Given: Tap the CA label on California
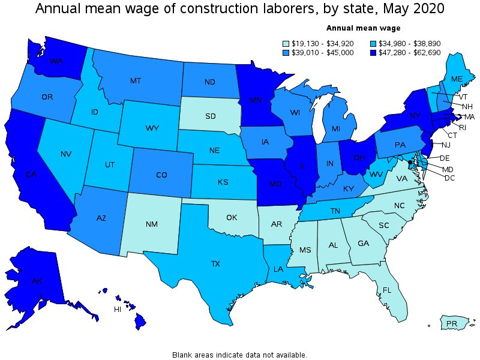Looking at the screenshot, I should pyautogui.click(x=32, y=175).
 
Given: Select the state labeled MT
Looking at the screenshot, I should pyautogui.click(x=135, y=80).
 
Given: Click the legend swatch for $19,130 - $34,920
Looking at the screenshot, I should pyautogui.click(x=286, y=43).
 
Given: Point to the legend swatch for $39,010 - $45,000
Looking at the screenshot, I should pyautogui.click(x=286, y=53).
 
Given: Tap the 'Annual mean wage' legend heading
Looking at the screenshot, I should pyautogui.click(x=363, y=28).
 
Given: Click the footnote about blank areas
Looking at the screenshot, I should pyautogui.click(x=239, y=355).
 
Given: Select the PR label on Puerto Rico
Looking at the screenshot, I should pyautogui.click(x=452, y=324).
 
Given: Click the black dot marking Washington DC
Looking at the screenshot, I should pyautogui.click(x=410, y=162).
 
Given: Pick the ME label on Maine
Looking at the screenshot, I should pyautogui.click(x=457, y=79).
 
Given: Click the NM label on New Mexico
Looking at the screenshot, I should pyautogui.click(x=151, y=224).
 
